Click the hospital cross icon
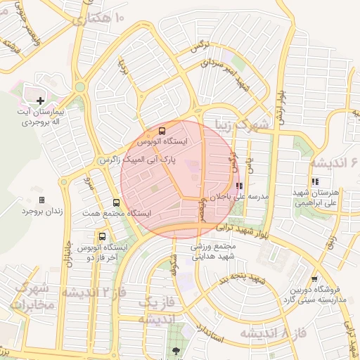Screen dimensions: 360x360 point(40,101)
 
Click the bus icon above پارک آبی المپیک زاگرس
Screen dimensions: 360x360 point(163,131)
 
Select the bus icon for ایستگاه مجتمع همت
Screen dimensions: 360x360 point(96,202)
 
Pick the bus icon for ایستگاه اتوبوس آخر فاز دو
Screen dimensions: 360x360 point(103,236)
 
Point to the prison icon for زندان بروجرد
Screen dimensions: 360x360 point(41,200)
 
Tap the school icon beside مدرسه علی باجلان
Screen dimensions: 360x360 point(239,186)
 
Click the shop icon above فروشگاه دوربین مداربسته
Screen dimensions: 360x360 point(314,279)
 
